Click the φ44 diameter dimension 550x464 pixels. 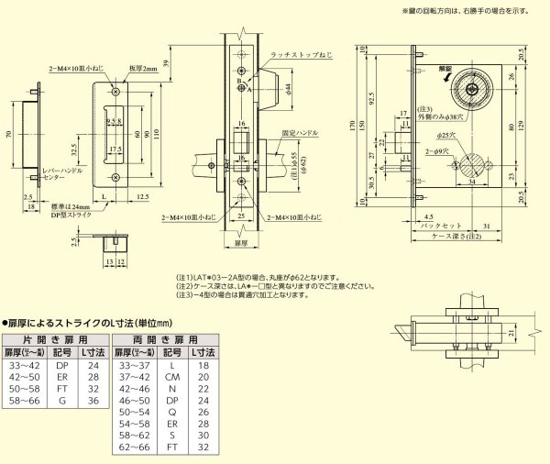coord(287,88)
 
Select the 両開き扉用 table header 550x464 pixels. coord(164,337)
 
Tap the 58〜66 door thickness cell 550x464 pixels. coord(23,402)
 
